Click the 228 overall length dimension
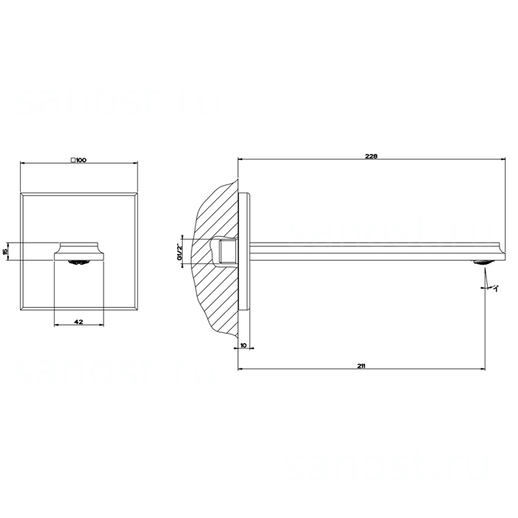pyautogui.click(x=372, y=156)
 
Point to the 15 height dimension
pyautogui.click(x=6, y=252)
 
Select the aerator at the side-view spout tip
pyautogui.click(x=482, y=260)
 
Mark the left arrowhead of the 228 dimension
pyautogui.click(x=239, y=161)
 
